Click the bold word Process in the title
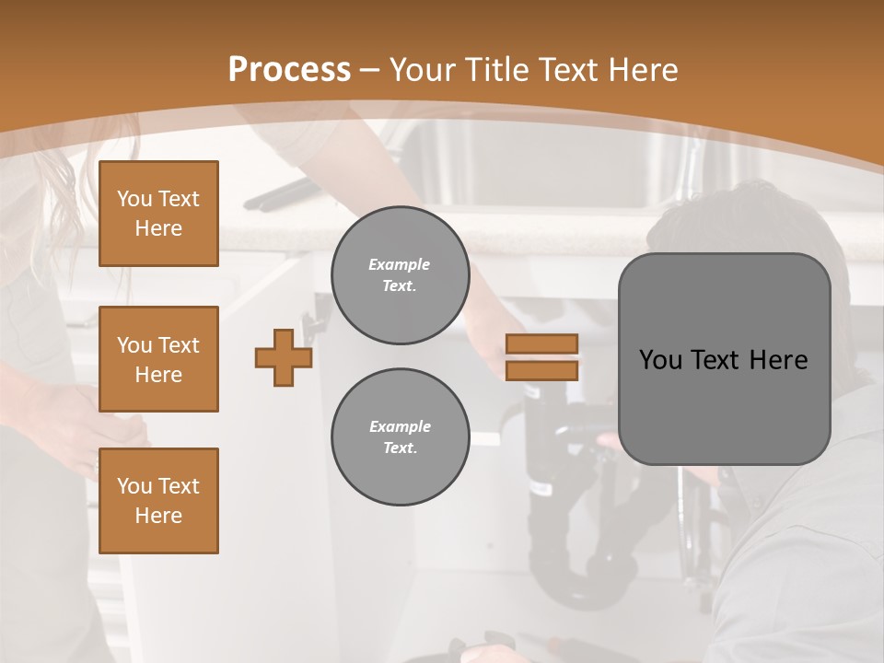(x=289, y=70)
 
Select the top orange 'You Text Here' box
(x=158, y=214)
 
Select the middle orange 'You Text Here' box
(x=158, y=359)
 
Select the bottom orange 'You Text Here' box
(x=158, y=501)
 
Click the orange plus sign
(x=284, y=357)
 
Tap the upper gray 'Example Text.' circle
(x=400, y=275)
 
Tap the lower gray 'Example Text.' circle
(x=400, y=437)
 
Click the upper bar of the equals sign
(x=541, y=343)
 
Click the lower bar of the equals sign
(x=541, y=370)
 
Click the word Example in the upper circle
(x=399, y=264)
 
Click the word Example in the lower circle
(x=400, y=426)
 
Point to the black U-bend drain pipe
(x=580, y=580)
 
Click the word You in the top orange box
(x=133, y=199)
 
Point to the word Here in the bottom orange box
(x=158, y=516)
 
